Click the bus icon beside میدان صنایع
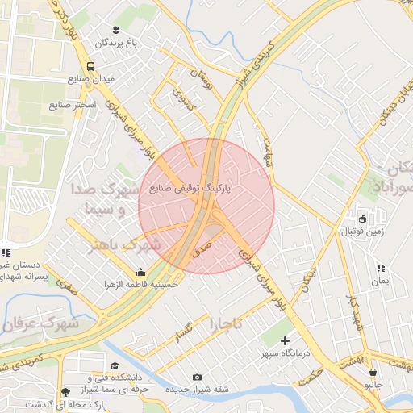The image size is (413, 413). pyautogui.click(x=90, y=66)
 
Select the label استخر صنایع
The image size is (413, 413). pyautogui.click(x=73, y=105)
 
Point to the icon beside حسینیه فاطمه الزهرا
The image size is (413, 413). pyautogui.click(x=141, y=273)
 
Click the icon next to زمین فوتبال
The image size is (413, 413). pyautogui.click(x=362, y=219)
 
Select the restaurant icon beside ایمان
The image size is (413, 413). pyautogui.click(x=381, y=268)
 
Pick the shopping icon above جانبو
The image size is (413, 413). pyautogui.click(x=373, y=372)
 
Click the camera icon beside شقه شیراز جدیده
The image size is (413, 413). pyautogui.click(x=198, y=377)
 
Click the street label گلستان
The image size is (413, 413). pyautogui.click(x=184, y=330)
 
